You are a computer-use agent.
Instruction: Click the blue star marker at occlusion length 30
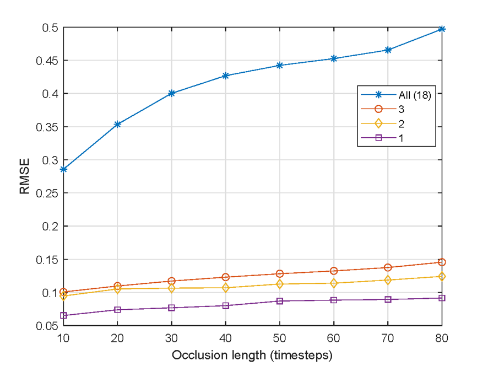coord(172,93)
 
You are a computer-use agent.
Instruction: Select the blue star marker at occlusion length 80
coord(442,29)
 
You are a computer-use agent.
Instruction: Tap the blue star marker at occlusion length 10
coord(64,169)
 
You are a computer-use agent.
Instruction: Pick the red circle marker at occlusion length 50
coord(280,273)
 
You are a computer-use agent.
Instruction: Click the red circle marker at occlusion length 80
coord(442,262)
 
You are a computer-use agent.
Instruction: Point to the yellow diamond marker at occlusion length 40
coord(226,288)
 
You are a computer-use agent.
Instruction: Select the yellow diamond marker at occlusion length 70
coord(388,280)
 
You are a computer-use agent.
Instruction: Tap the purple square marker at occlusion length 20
coord(118,310)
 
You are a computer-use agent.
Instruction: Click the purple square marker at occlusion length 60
coord(334,300)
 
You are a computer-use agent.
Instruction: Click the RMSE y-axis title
coord(25,176)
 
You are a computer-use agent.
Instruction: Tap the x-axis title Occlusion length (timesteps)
coord(252,355)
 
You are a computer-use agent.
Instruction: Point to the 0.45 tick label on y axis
coord(46,61)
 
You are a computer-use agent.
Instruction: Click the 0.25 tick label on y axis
coord(46,193)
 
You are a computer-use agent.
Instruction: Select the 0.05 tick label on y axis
coord(46,326)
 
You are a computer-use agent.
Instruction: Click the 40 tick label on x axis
coord(226,337)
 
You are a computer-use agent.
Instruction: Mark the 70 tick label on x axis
coord(388,337)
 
